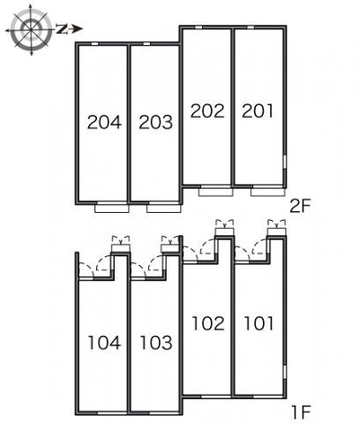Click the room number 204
click(x=104, y=122)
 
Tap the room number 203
click(x=156, y=122)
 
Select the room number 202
click(x=207, y=111)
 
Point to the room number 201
click(x=258, y=111)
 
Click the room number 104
click(x=104, y=343)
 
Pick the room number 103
click(x=156, y=343)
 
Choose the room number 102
click(x=208, y=323)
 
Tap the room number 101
click(x=259, y=323)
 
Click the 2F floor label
click(x=300, y=206)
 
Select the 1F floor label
click(x=301, y=413)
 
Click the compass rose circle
click(x=31, y=29)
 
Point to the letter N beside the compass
click(x=62, y=29)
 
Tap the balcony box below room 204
click(x=112, y=208)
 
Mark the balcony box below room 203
click(x=164, y=208)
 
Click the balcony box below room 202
click(x=216, y=192)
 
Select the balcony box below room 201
click(x=268, y=192)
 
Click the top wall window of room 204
click(x=94, y=44)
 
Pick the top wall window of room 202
click(x=199, y=27)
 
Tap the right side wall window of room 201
click(x=285, y=162)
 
